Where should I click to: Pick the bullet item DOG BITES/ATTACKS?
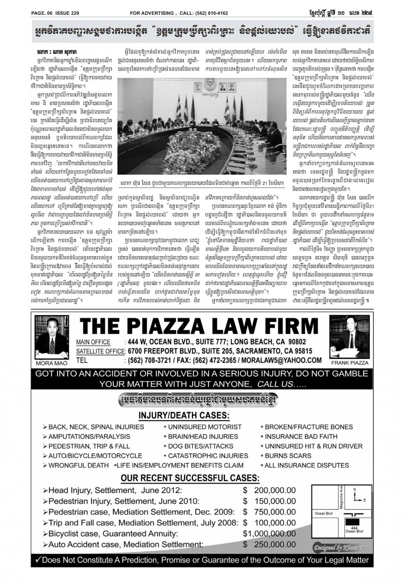[195, 446]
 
